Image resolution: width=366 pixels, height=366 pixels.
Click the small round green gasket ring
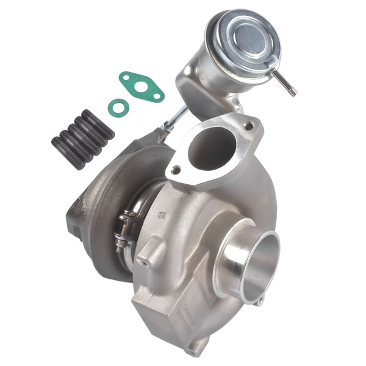[118, 107]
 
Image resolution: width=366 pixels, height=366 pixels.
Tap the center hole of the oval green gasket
[141, 87]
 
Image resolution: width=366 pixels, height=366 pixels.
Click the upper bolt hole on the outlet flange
[248, 126]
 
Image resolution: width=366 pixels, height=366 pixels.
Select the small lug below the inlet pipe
[260, 301]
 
